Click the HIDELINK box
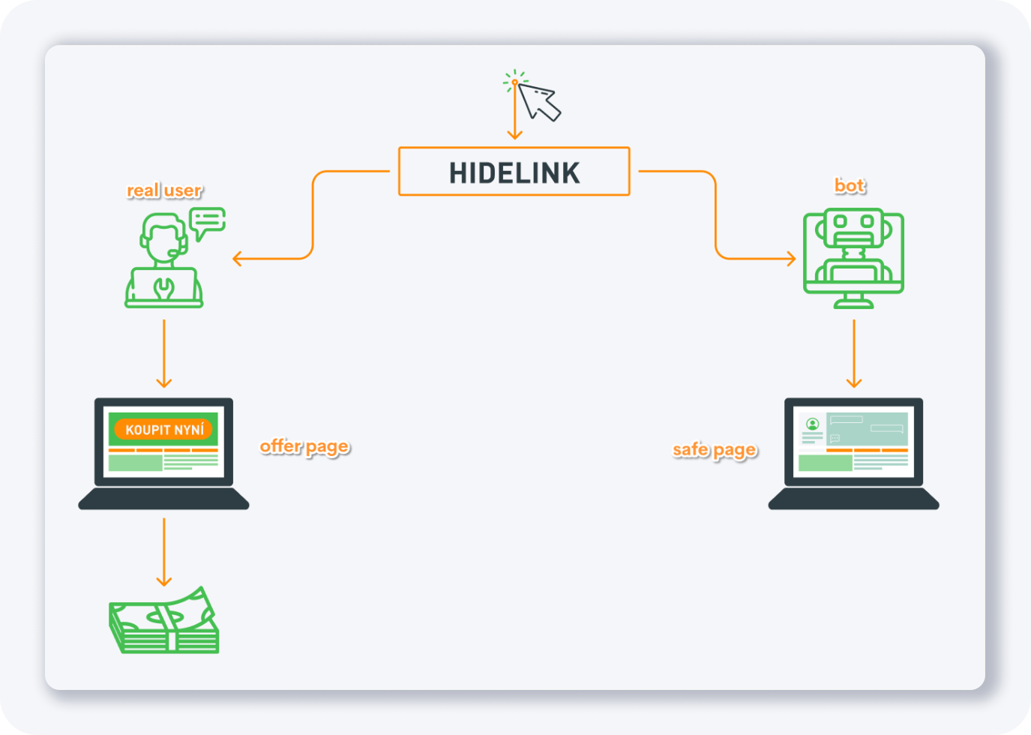tap(514, 172)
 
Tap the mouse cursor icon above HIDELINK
tap(538, 101)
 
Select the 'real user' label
tap(164, 190)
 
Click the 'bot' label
tap(850, 185)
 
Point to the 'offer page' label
tap(304, 446)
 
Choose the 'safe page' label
tap(715, 449)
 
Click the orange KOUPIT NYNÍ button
tap(164, 430)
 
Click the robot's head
tap(853, 226)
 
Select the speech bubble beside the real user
tap(207, 220)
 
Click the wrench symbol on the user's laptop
tap(163, 286)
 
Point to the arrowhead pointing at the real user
tap(237, 259)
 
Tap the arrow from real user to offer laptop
tap(164, 352)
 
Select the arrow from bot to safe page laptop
tap(853, 352)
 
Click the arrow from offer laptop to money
tap(164, 551)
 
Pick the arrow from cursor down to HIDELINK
tap(514, 112)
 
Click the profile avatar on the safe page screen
tap(812, 424)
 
